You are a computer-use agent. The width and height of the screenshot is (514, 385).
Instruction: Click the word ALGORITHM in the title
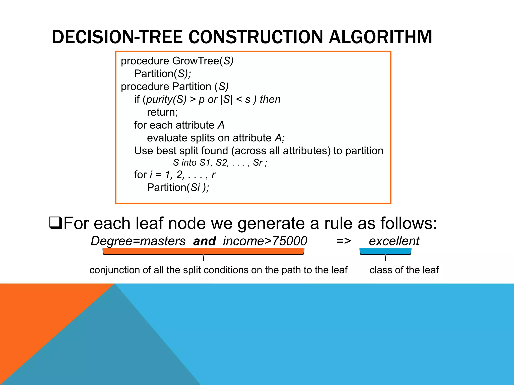380,37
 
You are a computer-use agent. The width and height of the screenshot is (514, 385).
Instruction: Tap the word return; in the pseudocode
162,112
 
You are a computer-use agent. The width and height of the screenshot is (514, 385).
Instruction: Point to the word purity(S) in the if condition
166,100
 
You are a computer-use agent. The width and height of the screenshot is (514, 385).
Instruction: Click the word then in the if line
270,100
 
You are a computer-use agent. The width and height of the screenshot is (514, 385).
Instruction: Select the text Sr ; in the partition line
260,163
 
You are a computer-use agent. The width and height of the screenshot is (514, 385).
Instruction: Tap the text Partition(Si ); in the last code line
178,187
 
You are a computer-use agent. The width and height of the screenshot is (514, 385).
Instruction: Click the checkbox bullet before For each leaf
56,223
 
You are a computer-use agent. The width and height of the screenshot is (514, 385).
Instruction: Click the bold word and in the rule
204,241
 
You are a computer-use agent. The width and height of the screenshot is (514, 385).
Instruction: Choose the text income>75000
265,241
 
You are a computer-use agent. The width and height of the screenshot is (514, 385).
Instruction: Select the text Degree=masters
138,241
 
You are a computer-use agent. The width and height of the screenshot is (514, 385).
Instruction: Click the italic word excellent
394,241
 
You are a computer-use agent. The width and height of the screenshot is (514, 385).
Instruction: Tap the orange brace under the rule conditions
203,251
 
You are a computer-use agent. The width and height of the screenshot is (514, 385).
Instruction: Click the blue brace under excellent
385,251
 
